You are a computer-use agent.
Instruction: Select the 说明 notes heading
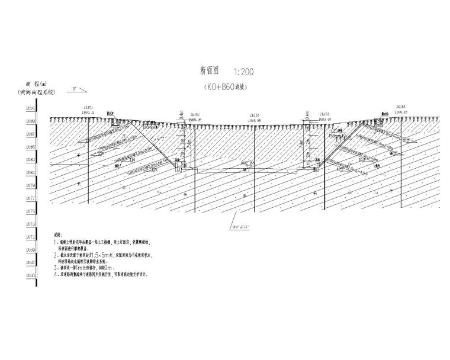(x=57, y=235)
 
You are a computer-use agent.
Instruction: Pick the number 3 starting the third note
(x=55, y=268)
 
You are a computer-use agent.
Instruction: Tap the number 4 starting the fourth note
(x=55, y=275)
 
